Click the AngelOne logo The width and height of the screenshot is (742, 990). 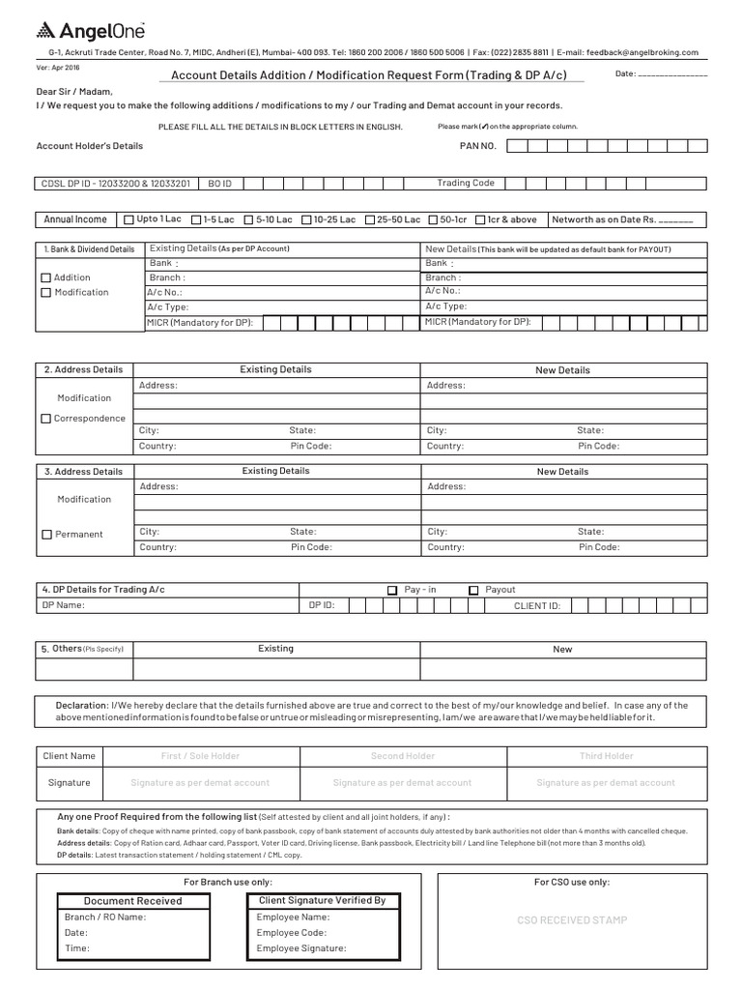(x=84, y=31)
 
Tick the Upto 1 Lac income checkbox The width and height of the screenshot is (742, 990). (x=129, y=219)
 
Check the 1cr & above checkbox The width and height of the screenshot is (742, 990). (x=479, y=219)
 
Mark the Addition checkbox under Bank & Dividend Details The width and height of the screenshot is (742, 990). (x=45, y=278)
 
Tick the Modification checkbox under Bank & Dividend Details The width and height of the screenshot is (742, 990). (x=45, y=293)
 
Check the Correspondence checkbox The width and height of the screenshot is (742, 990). (x=46, y=419)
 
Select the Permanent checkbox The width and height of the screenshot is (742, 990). (x=46, y=535)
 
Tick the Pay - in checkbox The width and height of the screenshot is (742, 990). (x=392, y=590)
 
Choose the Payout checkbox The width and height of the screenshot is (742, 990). (x=473, y=590)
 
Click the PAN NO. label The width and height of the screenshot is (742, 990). (x=477, y=146)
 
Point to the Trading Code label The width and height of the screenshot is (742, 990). (x=465, y=183)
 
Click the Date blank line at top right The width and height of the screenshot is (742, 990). (x=672, y=75)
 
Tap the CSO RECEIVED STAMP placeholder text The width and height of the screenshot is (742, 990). (x=572, y=920)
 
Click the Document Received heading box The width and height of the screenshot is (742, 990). (x=132, y=901)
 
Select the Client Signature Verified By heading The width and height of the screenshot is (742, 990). (x=322, y=900)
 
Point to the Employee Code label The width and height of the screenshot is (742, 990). (x=293, y=933)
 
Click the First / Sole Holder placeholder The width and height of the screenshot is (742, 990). (x=200, y=756)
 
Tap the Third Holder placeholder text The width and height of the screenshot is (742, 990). (x=606, y=756)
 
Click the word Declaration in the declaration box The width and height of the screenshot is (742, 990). (x=82, y=705)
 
